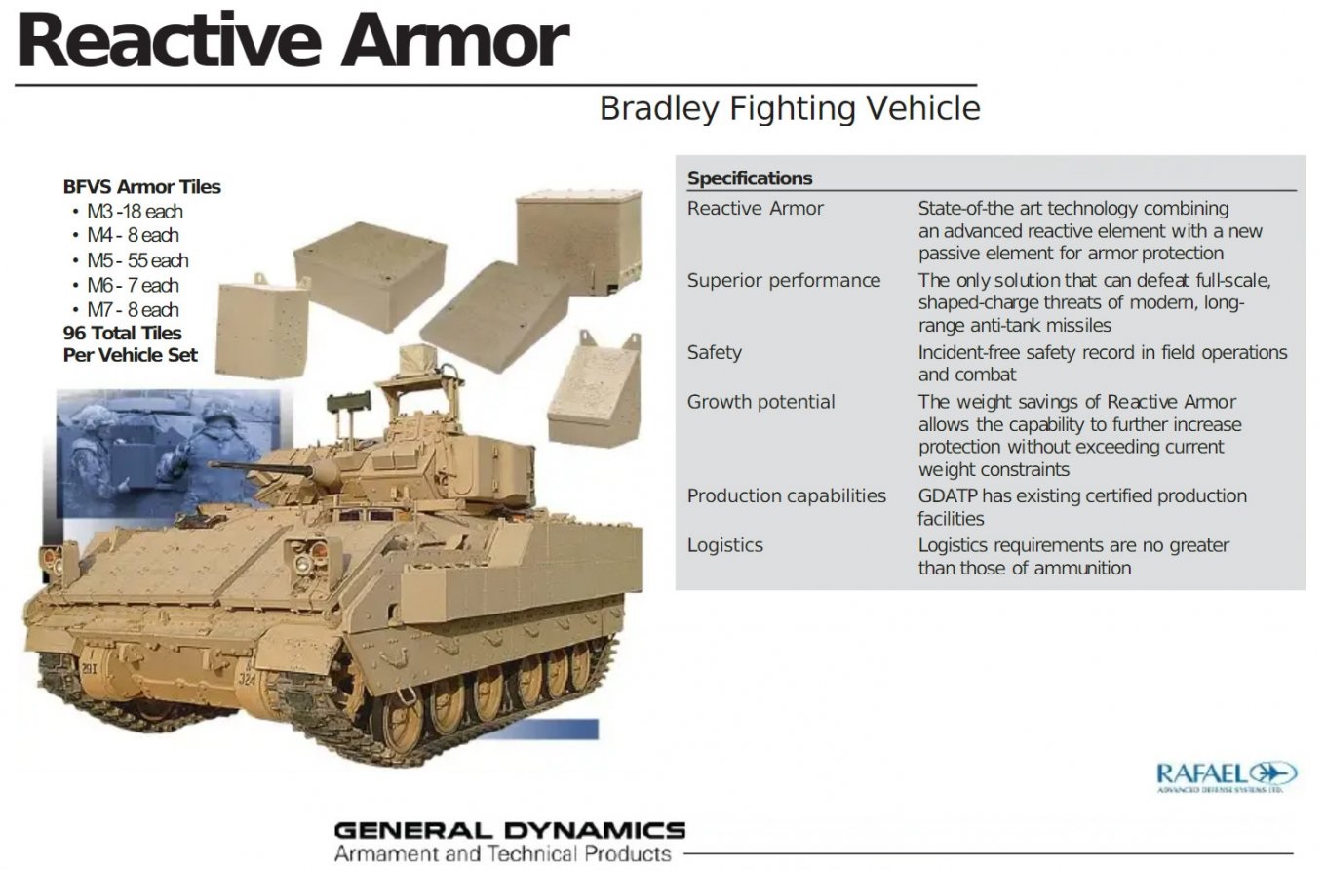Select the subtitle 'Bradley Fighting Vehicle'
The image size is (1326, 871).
pos(790,109)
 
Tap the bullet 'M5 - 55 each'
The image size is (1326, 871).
pos(137,260)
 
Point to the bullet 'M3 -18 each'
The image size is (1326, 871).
pos(135,212)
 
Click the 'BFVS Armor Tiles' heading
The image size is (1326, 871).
pos(141,187)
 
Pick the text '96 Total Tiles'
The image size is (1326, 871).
pos(122,333)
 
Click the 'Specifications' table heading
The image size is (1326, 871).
pos(750,178)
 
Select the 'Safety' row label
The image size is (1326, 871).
pos(714,353)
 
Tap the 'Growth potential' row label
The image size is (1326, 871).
pos(760,402)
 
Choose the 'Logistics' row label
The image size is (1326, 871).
pos(724,545)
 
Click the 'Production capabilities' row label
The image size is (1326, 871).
pos(786,496)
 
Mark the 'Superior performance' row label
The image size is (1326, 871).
pos(783,281)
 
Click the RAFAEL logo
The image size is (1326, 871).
pos(1227,776)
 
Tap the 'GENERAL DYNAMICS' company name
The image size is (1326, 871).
pos(509,830)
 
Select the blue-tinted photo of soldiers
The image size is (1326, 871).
pos(168,453)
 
